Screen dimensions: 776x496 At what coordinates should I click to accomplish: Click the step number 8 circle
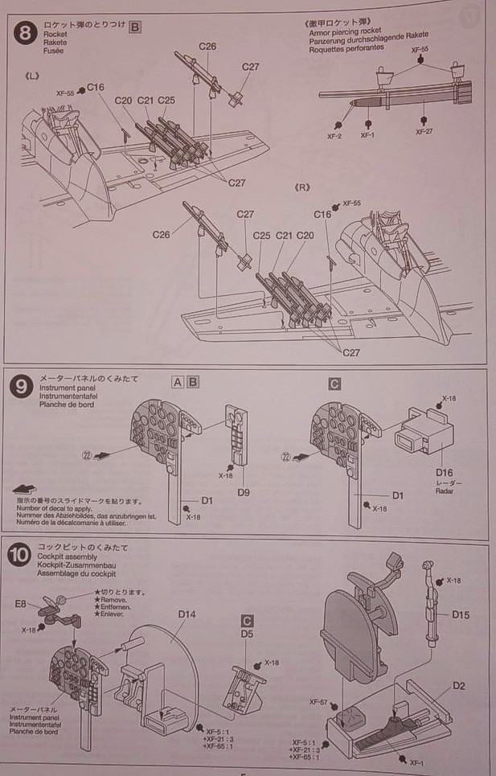pos(26,34)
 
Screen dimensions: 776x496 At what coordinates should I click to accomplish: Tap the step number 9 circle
pos(22,387)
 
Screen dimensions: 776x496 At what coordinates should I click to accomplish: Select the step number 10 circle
pos(21,554)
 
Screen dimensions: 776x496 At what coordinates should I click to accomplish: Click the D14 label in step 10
pos(187,614)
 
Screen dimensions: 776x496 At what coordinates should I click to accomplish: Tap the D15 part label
pos(461,615)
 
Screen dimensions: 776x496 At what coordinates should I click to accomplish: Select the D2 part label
pos(458,686)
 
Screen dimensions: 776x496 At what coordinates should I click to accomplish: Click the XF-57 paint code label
pos(319,702)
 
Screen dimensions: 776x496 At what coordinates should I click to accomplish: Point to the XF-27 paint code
pos(424,131)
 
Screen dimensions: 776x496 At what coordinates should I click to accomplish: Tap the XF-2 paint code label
pos(334,136)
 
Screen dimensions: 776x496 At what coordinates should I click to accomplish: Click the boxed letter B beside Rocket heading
pos(135,27)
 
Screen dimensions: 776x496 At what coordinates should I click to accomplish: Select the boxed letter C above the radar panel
pos(334,384)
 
